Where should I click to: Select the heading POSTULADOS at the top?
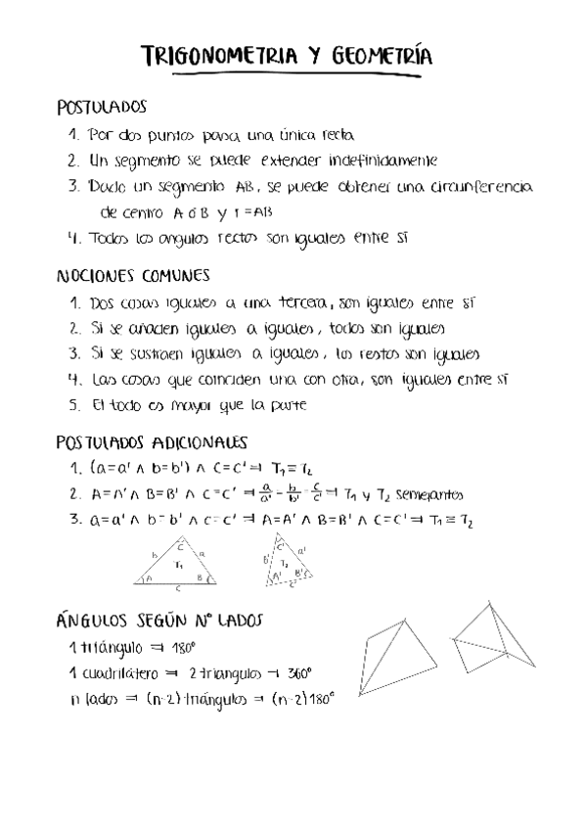pyautogui.click(x=102, y=107)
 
